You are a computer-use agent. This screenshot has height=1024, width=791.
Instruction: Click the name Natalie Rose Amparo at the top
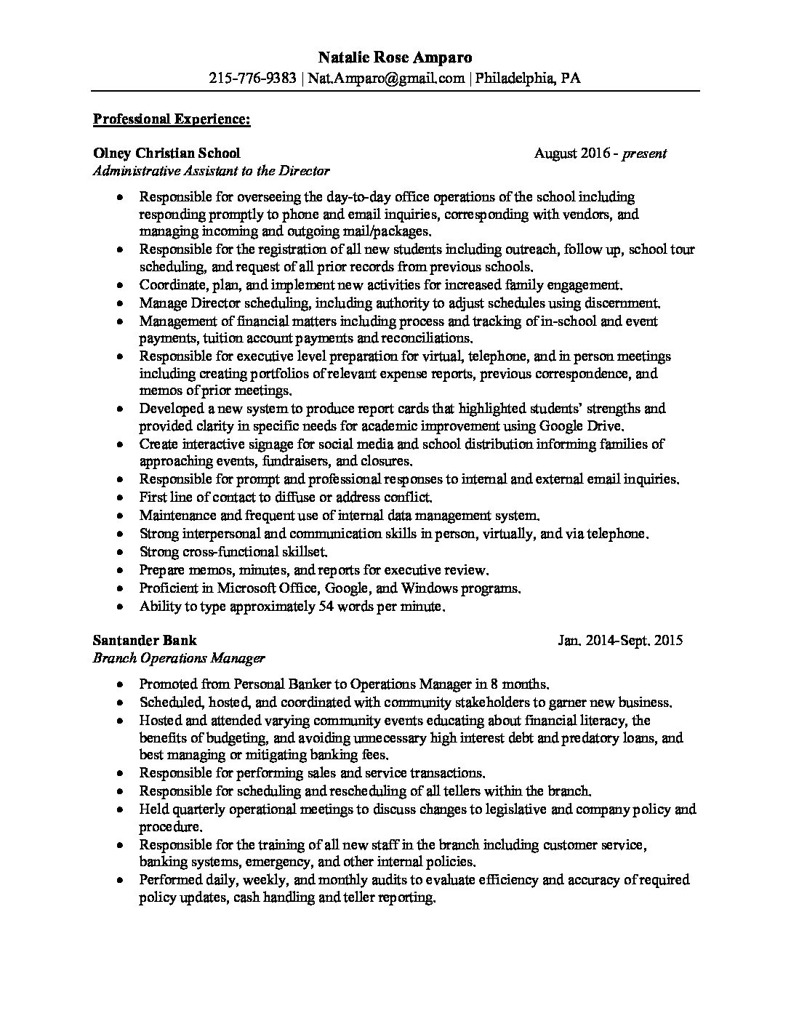[395, 57]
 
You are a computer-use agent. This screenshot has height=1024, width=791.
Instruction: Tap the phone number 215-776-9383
[252, 79]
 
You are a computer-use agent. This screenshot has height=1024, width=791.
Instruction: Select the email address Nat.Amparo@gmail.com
[385, 79]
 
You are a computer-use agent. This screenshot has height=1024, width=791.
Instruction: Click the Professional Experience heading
[172, 119]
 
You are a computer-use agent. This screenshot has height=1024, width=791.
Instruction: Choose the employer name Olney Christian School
[166, 153]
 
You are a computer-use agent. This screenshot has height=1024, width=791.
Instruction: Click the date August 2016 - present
[600, 153]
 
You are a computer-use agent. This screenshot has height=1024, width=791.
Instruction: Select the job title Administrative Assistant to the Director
[211, 172]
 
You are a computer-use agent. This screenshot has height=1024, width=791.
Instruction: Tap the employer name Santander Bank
[144, 641]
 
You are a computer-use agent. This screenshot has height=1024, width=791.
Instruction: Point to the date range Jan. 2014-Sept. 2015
[620, 641]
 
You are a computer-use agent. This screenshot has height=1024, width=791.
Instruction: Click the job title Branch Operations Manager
[179, 659]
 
